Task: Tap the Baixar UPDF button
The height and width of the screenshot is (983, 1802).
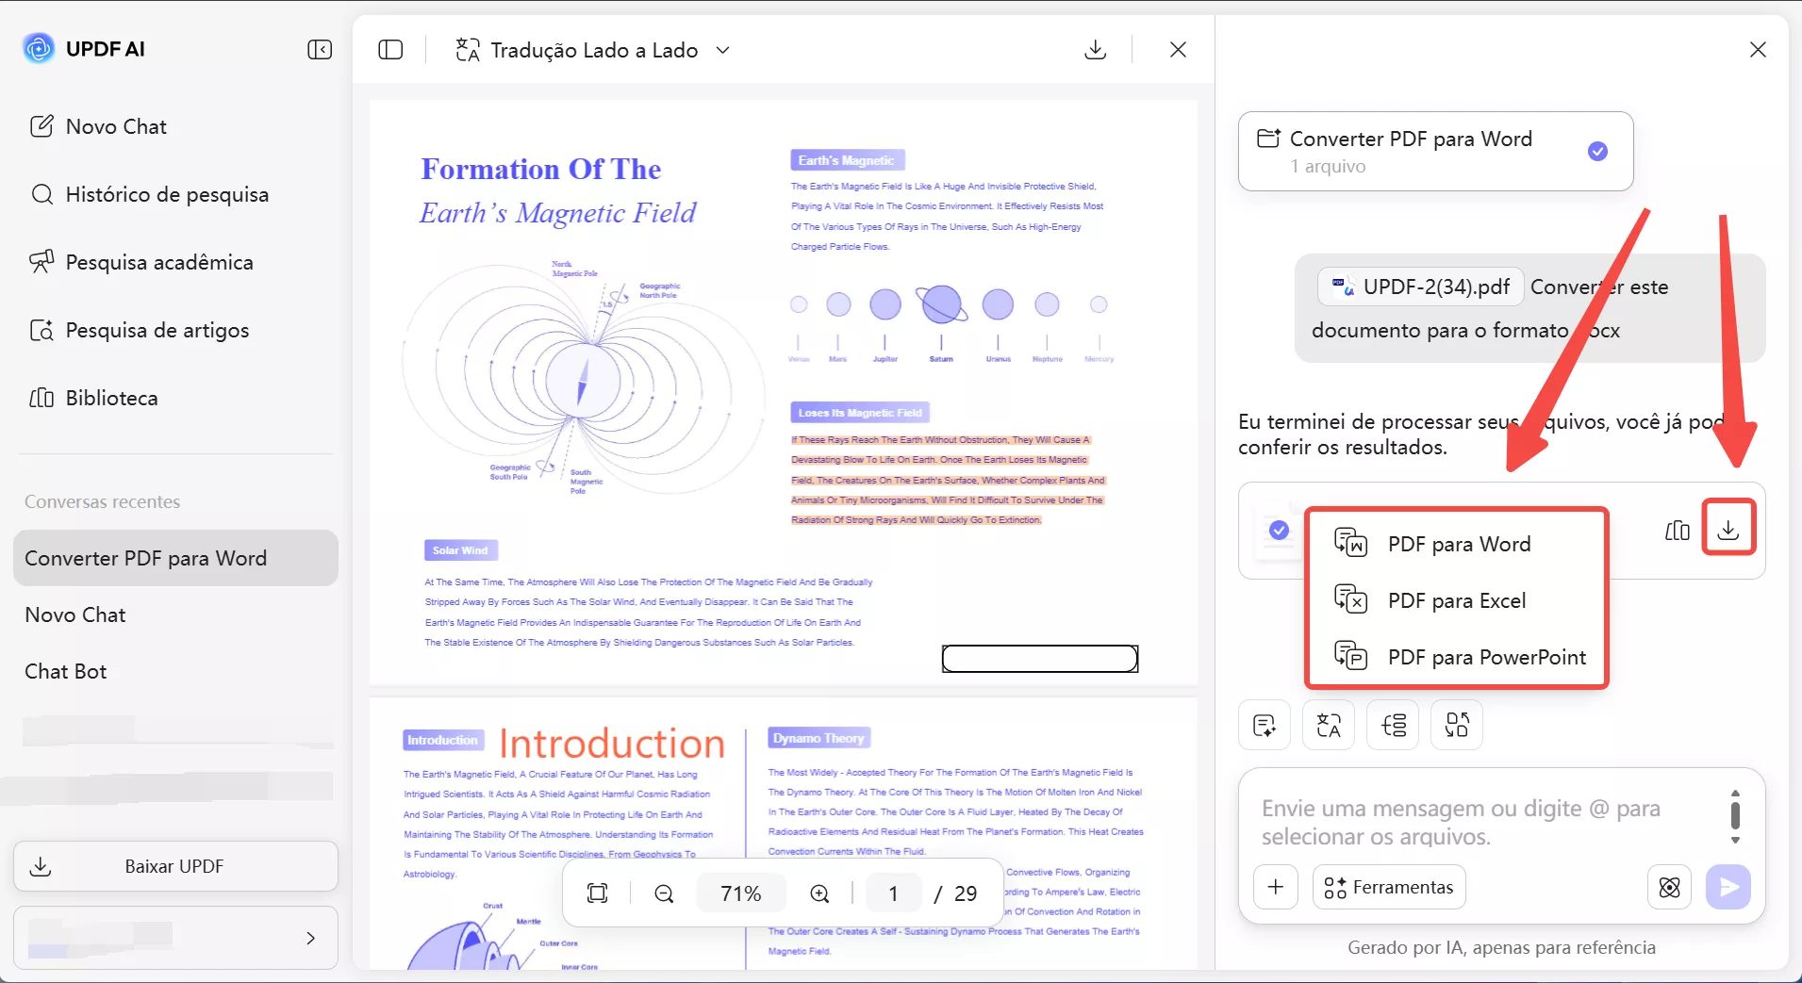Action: pyautogui.click(x=175, y=866)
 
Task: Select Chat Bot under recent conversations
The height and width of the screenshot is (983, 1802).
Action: pyautogui.click(x=66, y=671)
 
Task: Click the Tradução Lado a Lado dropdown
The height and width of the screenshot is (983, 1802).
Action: pyautogui.click(x=593, y=50)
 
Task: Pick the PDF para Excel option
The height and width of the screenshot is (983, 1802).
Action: pyautogui.click(x=1456, y=600)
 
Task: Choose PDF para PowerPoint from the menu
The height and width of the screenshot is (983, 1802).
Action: pyautogui.click(x=1486, y=657)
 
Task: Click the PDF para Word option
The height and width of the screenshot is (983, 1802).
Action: pyautogui.click(x=1459, y=544)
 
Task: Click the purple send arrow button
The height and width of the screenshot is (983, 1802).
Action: pyautogui.click(x=1728, y=887)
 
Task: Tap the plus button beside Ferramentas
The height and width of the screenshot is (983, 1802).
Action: pyautogui.click(x=1275, y=887)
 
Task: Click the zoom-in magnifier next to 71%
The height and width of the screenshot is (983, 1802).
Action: pyautogui.click(x=819, y=893)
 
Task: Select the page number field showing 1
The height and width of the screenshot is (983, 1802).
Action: pyautogui.click(x=893, y=893)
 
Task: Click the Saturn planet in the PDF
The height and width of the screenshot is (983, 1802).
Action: pyautogui.click(x=941, y=304)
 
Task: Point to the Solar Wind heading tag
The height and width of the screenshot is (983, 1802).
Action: pyautogui.click(x=460, y=550)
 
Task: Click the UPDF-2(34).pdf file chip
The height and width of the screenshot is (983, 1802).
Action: pyautogui.click(x=1420, y=287)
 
